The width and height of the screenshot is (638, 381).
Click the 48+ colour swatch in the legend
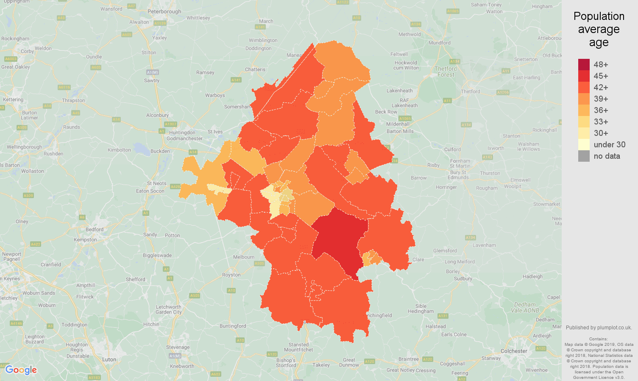(584, 64)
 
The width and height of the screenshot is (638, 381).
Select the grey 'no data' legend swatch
(584, 156)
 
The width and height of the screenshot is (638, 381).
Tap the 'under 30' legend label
(609, 144)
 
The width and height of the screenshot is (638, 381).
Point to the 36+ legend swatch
(584, 110)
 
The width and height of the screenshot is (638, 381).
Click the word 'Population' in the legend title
(599, 16)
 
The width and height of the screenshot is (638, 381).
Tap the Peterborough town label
(164, 11)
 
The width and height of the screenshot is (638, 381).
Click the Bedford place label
(95, 229)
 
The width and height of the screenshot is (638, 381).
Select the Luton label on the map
(109, 359)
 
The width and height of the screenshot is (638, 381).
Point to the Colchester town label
(514, 351)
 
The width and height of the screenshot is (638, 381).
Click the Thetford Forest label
(446, 72)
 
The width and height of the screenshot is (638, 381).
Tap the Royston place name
(231, 275)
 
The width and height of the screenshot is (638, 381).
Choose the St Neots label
(156, 183)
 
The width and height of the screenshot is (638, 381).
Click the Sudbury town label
(463, 279)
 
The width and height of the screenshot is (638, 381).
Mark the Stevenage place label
(178, 347)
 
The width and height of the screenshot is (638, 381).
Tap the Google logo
(21, 370)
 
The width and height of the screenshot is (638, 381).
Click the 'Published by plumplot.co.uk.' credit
(599, 327)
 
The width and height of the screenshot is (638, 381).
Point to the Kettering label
(13, 99)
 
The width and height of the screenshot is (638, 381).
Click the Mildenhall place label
(398, 124)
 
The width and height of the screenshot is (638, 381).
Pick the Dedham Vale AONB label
(525, 307)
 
